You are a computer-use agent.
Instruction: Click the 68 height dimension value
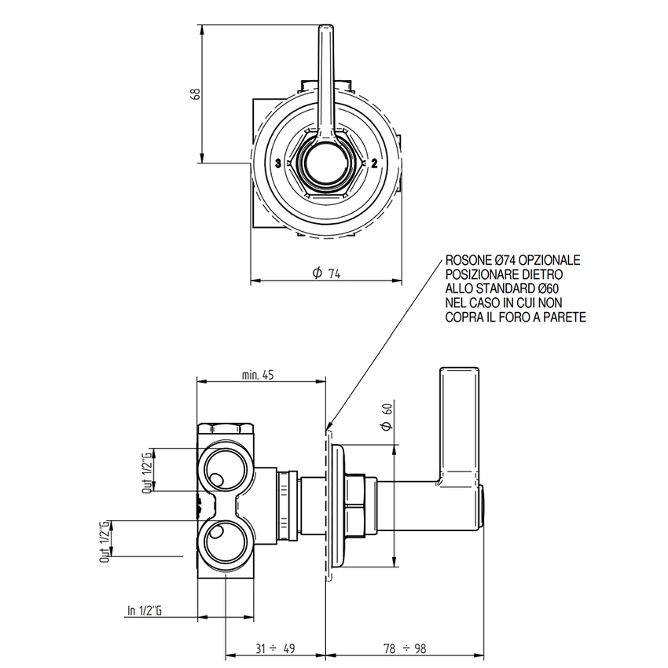[196, 93]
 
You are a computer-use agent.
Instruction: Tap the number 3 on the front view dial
[278, 163]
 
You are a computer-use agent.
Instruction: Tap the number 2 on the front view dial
[374, 163]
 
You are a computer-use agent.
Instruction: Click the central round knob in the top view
[325, 163]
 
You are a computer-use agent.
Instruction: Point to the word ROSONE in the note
[466, 260]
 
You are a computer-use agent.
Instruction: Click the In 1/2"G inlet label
[144, 610]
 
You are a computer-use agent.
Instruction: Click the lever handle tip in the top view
[325, 35]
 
